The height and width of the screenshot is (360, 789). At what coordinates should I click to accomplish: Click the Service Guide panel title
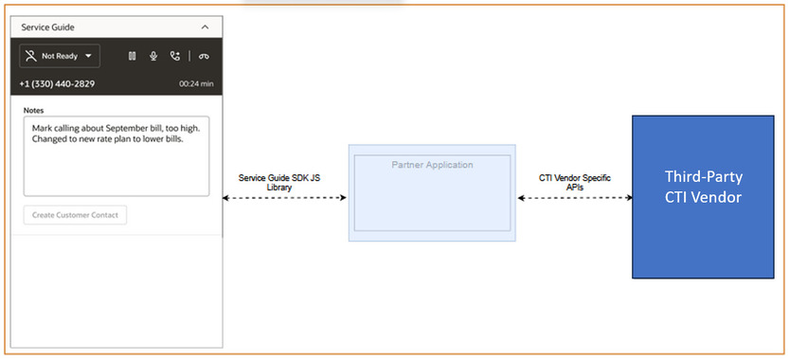(47, 27)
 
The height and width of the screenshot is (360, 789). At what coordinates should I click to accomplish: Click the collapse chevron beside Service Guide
(206, 27)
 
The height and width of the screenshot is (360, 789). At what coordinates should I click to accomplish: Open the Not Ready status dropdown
(60, 56)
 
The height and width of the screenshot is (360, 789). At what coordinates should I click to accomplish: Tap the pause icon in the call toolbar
(133, 56)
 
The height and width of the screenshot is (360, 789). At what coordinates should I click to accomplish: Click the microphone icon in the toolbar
(153, 56)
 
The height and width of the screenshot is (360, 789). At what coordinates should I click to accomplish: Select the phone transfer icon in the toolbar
(175, 56)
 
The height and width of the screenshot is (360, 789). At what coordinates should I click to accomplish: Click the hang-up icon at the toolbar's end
(204, 56)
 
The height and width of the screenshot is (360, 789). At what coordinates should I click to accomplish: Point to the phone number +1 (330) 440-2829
(57, 83)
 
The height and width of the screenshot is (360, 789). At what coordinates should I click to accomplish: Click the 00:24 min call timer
(196, 83)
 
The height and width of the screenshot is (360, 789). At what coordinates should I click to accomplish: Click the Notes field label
(34, 110)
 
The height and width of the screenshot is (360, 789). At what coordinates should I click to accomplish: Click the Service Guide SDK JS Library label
(285, 182)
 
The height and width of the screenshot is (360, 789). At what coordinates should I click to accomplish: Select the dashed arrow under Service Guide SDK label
(284, 198)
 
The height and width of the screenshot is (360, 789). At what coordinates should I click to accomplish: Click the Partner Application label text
(432, 165)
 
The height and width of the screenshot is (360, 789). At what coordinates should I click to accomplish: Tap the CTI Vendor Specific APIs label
(574, 182)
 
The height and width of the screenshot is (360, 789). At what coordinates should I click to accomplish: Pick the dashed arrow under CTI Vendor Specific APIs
(574, 198)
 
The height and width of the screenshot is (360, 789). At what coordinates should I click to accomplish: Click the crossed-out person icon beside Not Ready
(31, 56)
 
